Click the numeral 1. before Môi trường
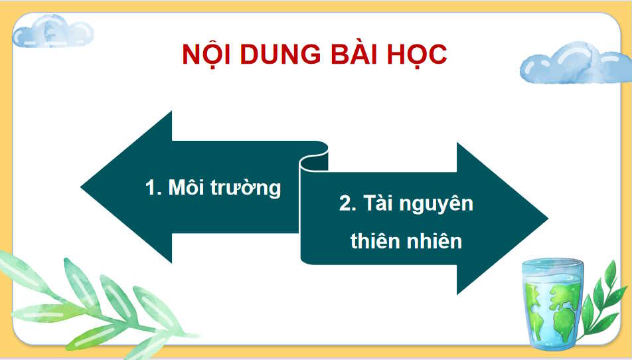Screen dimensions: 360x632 (153, 188)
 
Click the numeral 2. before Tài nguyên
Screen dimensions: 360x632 (348, 204)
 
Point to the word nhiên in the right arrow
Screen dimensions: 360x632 (434, 240)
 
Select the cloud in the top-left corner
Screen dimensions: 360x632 (53, 31)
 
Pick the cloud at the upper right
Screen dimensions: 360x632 (574, 63)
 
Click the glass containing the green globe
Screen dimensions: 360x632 (552, 302)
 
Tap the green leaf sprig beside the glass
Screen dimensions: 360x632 (605, 292)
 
